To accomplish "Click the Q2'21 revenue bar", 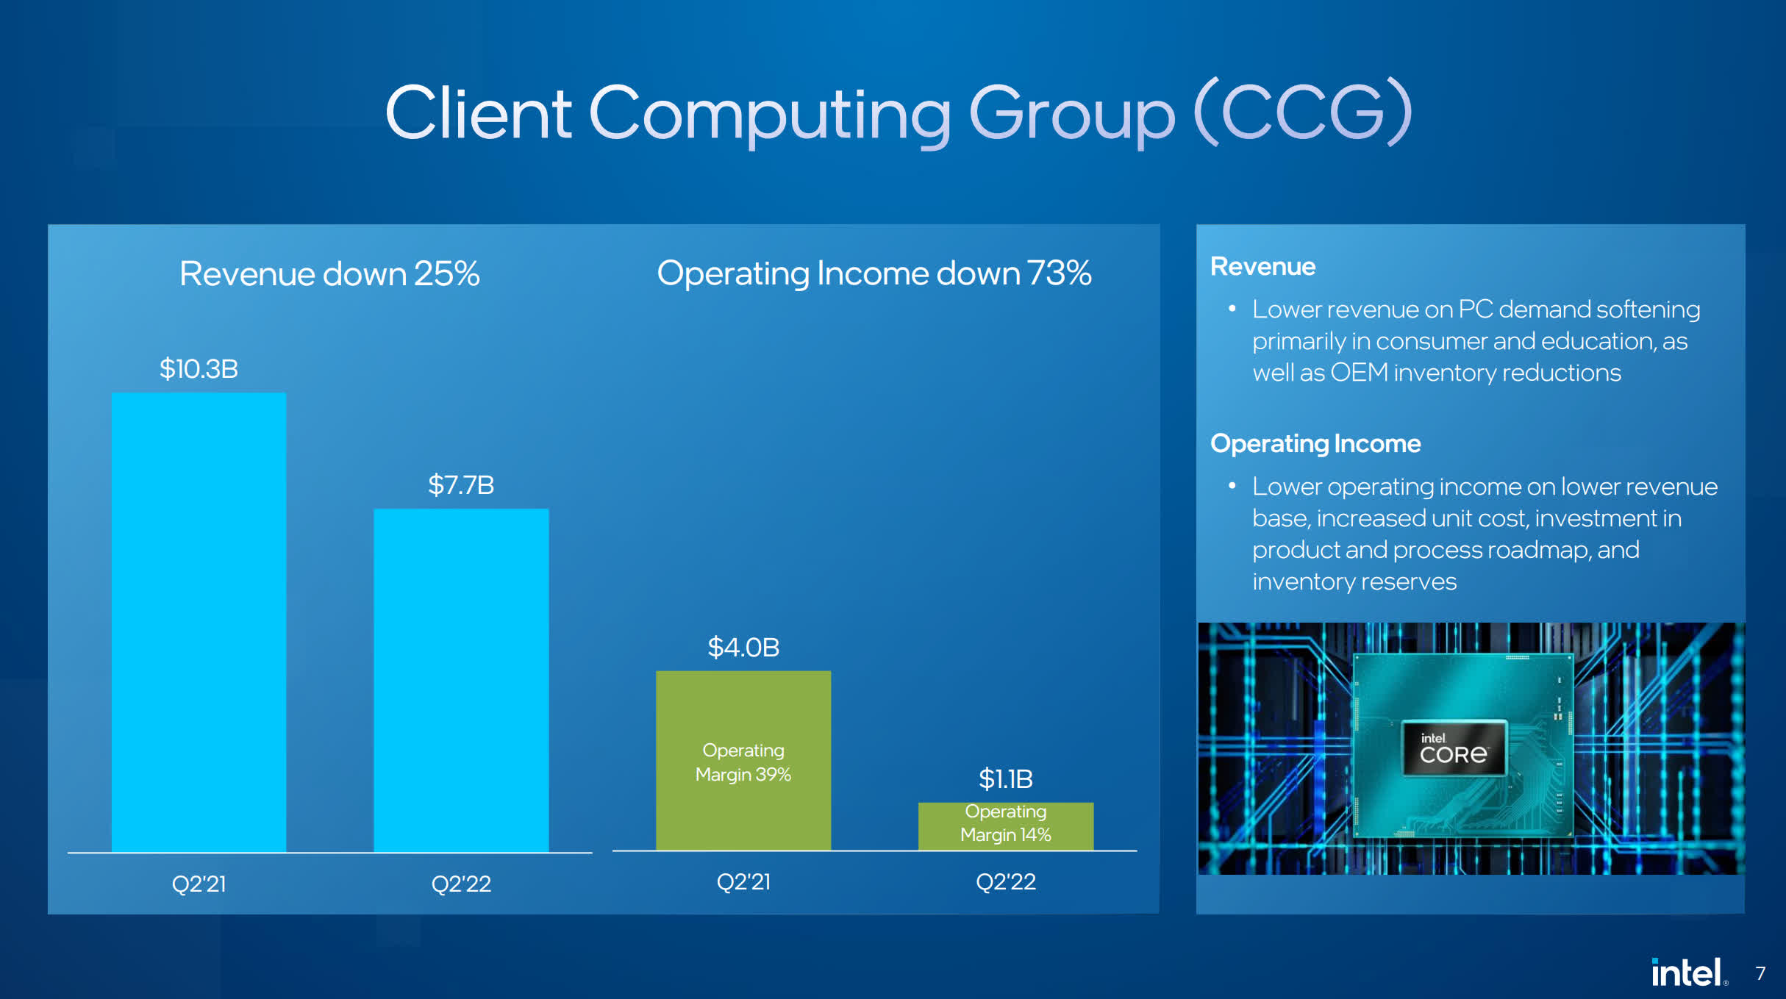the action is [x=199, y=622].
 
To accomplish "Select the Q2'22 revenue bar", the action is [x=461, y=680].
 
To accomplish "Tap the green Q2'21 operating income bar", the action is [x=743, y=760].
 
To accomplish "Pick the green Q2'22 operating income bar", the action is [x=1006, y=826].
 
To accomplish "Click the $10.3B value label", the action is [x=199, y=368].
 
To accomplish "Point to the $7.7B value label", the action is [x=461, y=484].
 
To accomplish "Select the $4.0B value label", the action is [x=743, y=647].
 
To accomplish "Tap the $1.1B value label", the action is [x=1006, y=778].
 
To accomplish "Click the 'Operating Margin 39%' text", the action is [x=743, y=762].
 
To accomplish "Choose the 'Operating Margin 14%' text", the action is [x=1006, y=823].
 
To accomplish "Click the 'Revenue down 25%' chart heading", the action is [x=329, y=273].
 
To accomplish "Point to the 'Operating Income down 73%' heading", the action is [x=874, y=273].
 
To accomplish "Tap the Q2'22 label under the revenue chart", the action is [x=461, y=883].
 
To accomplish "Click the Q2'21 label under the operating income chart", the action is [x=743, y=881].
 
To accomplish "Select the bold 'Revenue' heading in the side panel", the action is [x=1262, y=266].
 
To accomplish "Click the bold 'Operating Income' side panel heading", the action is [x=1315, y=444].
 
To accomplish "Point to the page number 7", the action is [x=1760, y=973].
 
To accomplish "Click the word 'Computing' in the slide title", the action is [x=770, y=114].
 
